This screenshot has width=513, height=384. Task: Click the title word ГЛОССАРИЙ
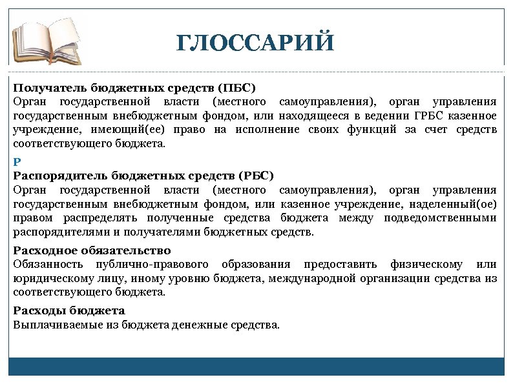point(256,43)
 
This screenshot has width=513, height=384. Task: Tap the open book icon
point(48,40)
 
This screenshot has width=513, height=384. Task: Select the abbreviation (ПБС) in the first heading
point(236,87)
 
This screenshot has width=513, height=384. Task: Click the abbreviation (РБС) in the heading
point(256,176)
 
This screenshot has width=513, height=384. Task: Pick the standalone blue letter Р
point(17,162)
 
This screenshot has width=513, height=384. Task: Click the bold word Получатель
point(50,87)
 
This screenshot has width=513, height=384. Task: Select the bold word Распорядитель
point(61,176)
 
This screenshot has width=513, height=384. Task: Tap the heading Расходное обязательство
point(92,250)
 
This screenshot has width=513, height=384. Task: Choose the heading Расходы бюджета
point(69,311)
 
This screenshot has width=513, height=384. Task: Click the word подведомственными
point(440,218)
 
